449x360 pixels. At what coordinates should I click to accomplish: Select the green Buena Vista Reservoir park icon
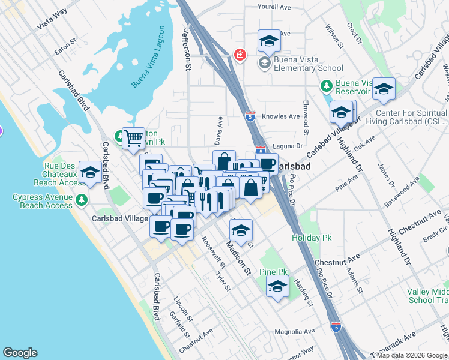[x=326, y=85]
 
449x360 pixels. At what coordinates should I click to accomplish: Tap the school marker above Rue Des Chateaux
[x=90, y=172]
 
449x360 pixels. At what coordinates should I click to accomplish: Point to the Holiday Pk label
[x=312, y=238]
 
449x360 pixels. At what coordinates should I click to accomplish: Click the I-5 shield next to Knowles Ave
[x=250, y=116]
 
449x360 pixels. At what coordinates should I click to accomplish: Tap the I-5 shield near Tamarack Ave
[x=336, y=326]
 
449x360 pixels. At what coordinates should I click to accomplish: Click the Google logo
[x=20, y=353]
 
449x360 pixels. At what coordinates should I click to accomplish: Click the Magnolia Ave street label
[x=294, y=331]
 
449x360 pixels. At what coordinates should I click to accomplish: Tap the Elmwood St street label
[x=306, y=117]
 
